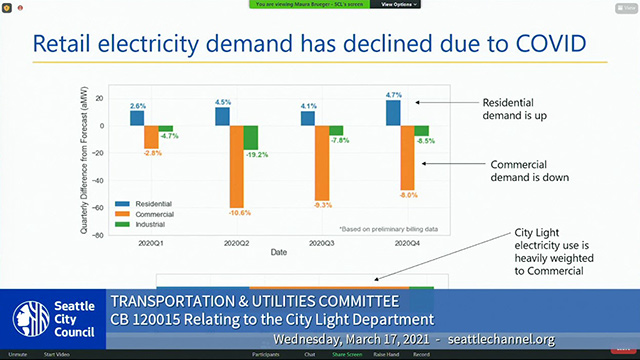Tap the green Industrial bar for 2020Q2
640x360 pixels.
pyautogui.click(x=251, y=137)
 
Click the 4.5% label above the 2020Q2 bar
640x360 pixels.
pyautogui.click(x=223, y=102)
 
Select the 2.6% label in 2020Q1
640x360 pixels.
pyautogui.click(x=138, y=106)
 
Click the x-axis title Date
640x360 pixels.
pyautogui.click(x=279, y=253)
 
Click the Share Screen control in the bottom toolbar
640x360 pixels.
pyautogui.click(x=347, y=354)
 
